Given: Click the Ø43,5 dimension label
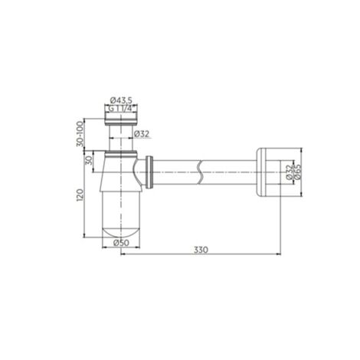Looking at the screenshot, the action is (121, 100).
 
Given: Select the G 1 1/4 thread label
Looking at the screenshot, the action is (120, 108).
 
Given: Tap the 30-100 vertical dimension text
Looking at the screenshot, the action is (80, 134).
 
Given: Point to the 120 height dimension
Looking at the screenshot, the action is (80, 195).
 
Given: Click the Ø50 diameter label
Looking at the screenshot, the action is (121, 243).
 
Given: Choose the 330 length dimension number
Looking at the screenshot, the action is (201, 250).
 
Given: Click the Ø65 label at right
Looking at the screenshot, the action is (298, 172).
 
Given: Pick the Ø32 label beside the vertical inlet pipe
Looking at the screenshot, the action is (142, 134).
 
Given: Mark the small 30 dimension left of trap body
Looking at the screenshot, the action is (89, 161).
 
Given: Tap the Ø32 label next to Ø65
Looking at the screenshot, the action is (290, 172).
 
